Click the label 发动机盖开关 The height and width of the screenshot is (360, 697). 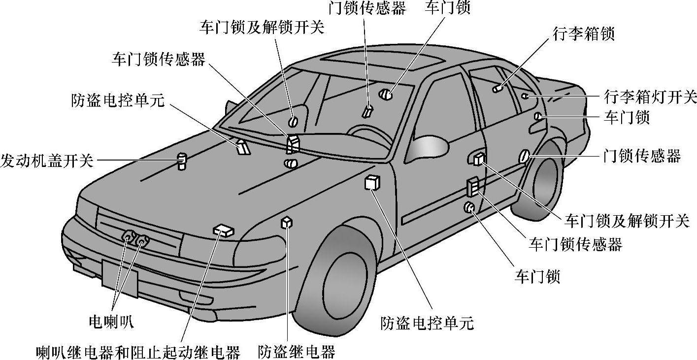click(x=47, y=161)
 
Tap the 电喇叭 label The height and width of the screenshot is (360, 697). click(x=111, y=322)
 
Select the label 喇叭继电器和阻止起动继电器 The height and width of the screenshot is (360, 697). click(x=138, y=352)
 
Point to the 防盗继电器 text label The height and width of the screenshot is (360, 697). click(x=297, y=352)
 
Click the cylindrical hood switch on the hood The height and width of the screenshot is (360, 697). click(x=183, y=161)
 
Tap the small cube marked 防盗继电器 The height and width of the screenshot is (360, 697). click(x=287, y=223)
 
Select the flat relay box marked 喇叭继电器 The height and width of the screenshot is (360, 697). click(x=224, y=230)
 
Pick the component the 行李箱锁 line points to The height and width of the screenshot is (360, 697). click(x=498, y=89)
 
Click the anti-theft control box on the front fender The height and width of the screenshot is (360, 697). click(x=372, y=183)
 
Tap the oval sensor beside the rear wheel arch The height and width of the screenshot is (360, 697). click(x=523, y=157)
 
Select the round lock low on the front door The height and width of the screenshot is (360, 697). click(x=469, y=208)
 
